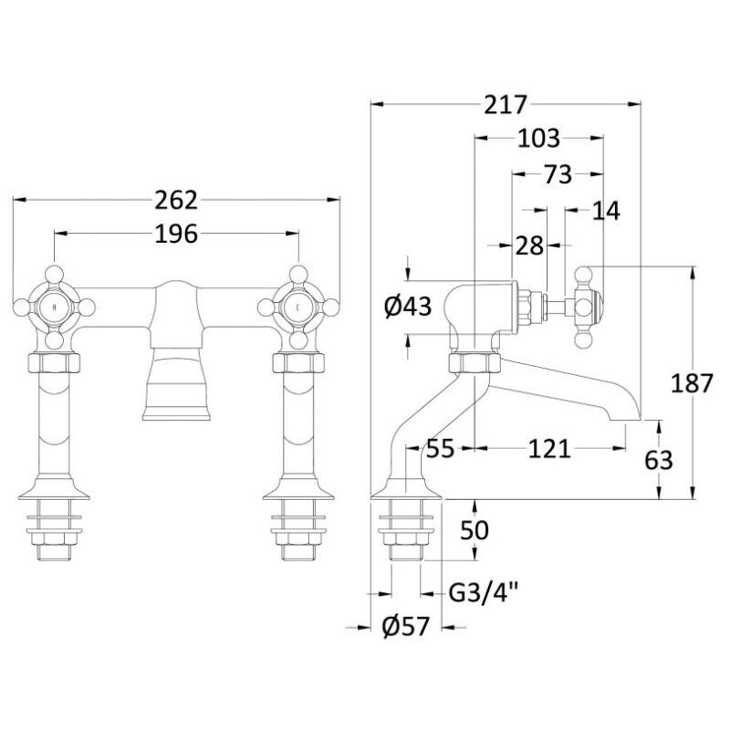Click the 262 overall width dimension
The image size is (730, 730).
click(176, 200)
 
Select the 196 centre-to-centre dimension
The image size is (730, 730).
click(176, 234)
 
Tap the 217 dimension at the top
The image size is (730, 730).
click(506, 105)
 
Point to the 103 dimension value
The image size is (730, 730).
click(539, 139)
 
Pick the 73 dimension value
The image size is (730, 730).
click(558, 174)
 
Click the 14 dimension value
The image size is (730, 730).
click(606, 211)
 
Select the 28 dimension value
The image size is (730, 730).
click(529, 245)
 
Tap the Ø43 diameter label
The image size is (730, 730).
click(408, 307)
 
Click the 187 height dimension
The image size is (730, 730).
click(693, 383)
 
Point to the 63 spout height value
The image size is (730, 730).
click(659, 461)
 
